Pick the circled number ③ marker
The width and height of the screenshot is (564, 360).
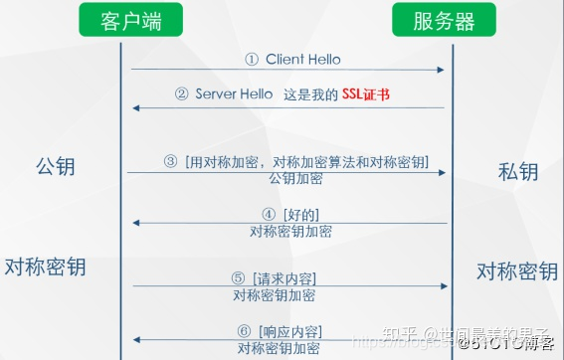170,161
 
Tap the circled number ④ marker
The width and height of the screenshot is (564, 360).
269,214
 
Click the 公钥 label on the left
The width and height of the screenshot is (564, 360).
55,166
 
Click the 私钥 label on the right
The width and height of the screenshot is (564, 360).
517,171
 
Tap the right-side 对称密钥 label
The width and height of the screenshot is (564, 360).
516,271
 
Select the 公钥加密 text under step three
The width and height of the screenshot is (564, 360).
295,178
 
